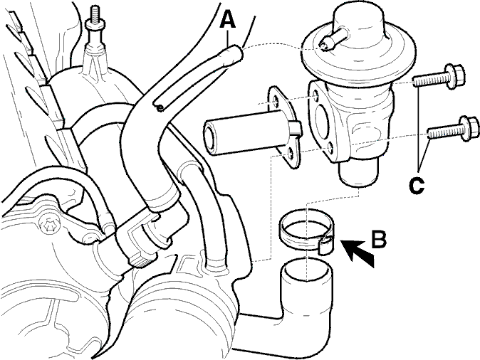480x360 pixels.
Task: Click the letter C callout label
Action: [417, 185]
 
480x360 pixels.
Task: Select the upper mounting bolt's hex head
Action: [455, 76]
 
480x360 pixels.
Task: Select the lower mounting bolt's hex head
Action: [469, 129]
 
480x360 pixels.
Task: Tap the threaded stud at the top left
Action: [94, 28]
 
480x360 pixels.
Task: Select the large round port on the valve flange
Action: [323, 121]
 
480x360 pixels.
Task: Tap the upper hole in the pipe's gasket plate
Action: [276, 102]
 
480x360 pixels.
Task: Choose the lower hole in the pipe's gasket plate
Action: [289, 154]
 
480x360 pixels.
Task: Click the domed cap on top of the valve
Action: [359, 21]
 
